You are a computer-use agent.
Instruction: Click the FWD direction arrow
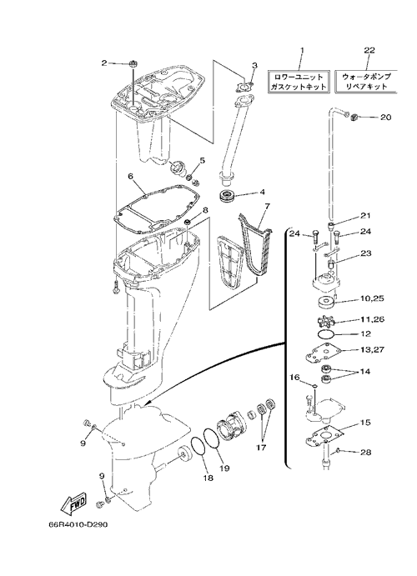click(74, 503)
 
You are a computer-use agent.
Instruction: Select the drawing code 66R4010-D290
click(78, 525)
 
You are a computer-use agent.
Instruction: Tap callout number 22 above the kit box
click(369, 50)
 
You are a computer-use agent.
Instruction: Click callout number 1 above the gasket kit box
click(303, 49)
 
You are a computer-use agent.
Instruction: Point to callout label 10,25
click(371, 298)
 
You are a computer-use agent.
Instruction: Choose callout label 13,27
click(372, 349)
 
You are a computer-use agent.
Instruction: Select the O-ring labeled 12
click(325, 334)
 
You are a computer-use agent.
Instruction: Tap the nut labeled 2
click(133, 64)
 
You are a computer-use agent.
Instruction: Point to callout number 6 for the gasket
click(130, 176)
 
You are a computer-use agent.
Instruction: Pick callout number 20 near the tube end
click(386, 118)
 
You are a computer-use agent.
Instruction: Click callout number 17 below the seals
click(262, 448)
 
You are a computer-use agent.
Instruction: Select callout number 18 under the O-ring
click(208, 478)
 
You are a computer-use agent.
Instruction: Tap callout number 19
click(224, 468)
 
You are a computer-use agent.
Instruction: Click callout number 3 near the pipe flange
click(254, 65)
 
